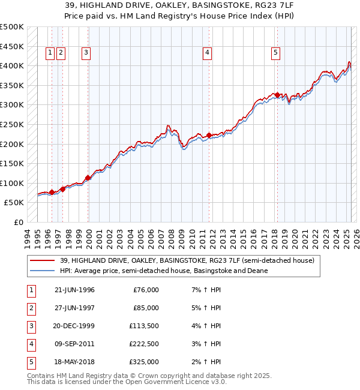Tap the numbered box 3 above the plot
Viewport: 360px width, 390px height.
[86, 53]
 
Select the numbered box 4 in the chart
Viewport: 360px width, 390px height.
[207, 53]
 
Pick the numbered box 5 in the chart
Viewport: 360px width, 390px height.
[275, 53]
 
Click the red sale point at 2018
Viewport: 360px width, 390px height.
[277, 95]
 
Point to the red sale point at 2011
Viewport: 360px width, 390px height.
[209, 135]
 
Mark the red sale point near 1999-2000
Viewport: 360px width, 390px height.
[88, 178]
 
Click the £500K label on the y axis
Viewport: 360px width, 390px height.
[12, 27]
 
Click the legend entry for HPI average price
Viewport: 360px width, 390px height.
[163, 271]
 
